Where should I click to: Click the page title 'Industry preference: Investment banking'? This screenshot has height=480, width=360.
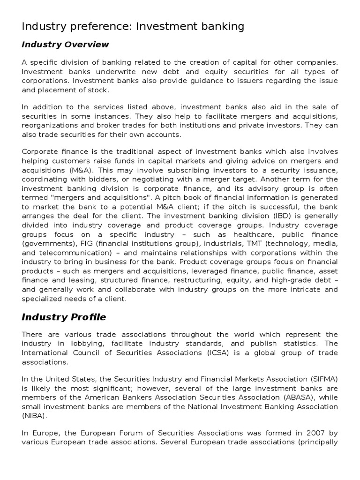pos(133,27)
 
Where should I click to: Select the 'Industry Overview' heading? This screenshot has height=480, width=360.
pos(65,45)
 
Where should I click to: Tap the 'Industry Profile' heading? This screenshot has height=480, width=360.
pos(64,317)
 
